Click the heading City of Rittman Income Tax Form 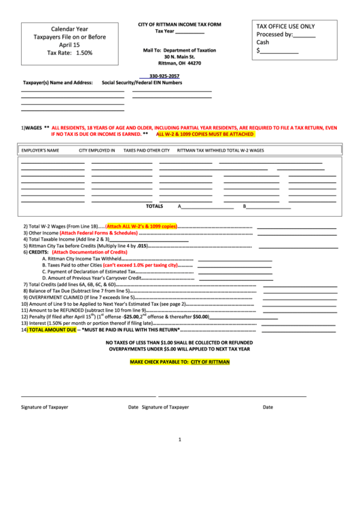[179, 24]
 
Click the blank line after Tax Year [190, 33]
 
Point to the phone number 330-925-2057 [164, 76]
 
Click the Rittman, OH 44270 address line [179, 63]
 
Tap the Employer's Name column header [40, 150]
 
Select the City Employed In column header [96, 150]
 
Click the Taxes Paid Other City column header [146, 150]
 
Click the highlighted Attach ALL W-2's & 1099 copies [141, 226]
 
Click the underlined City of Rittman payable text [210, 362]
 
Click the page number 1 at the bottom [180, 439]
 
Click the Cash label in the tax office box [263, 42]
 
